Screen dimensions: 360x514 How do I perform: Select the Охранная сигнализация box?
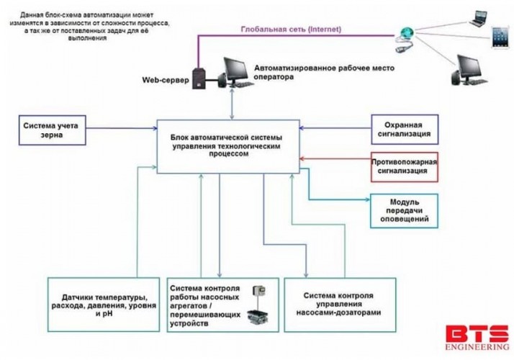(x=405, y=129)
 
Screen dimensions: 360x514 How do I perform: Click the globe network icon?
(x=405, y=34)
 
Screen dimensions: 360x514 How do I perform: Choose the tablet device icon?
(x=500, y=37)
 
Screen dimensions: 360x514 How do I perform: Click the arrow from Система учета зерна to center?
(x=122, y=129)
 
